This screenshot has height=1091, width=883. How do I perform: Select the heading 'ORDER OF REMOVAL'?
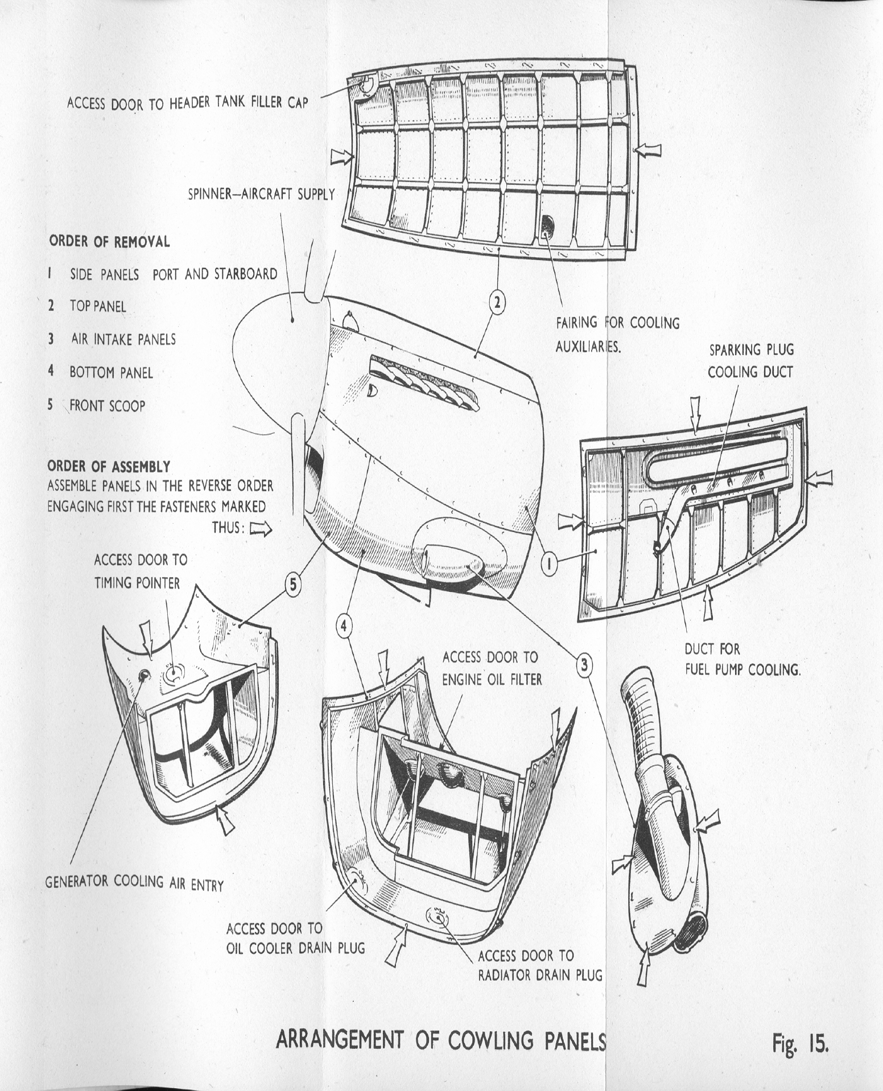[x=109, y=241]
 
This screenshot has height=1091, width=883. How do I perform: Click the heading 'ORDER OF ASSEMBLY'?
[x=109, y=467]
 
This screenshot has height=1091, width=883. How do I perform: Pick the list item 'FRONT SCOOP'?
[x=107, y=406]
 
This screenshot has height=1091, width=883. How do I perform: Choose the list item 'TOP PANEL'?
[x=97, y=306]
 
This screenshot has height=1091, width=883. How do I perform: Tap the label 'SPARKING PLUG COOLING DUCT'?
[x=750, y=361]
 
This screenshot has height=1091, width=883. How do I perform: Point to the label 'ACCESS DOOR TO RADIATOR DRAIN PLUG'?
[x=539, y=965]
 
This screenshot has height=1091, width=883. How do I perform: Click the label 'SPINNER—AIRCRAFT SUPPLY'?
[x=261, y=194]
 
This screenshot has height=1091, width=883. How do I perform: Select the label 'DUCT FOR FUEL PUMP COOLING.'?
[x=742, y=659]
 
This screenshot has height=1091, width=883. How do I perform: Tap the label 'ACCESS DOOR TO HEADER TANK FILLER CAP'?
[x=188, y=102]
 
